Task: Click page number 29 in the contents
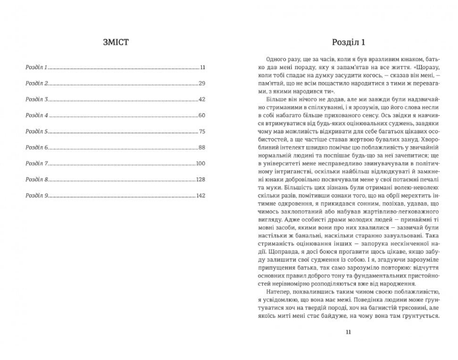coord(202,83)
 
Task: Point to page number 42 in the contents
coord(202,99)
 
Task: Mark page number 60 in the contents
coord(202,115)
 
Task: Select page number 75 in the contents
coord(202,131)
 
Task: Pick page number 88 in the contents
coord(202,148)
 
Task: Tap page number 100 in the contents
coord(201,163)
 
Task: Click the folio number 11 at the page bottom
coord(348,332)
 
